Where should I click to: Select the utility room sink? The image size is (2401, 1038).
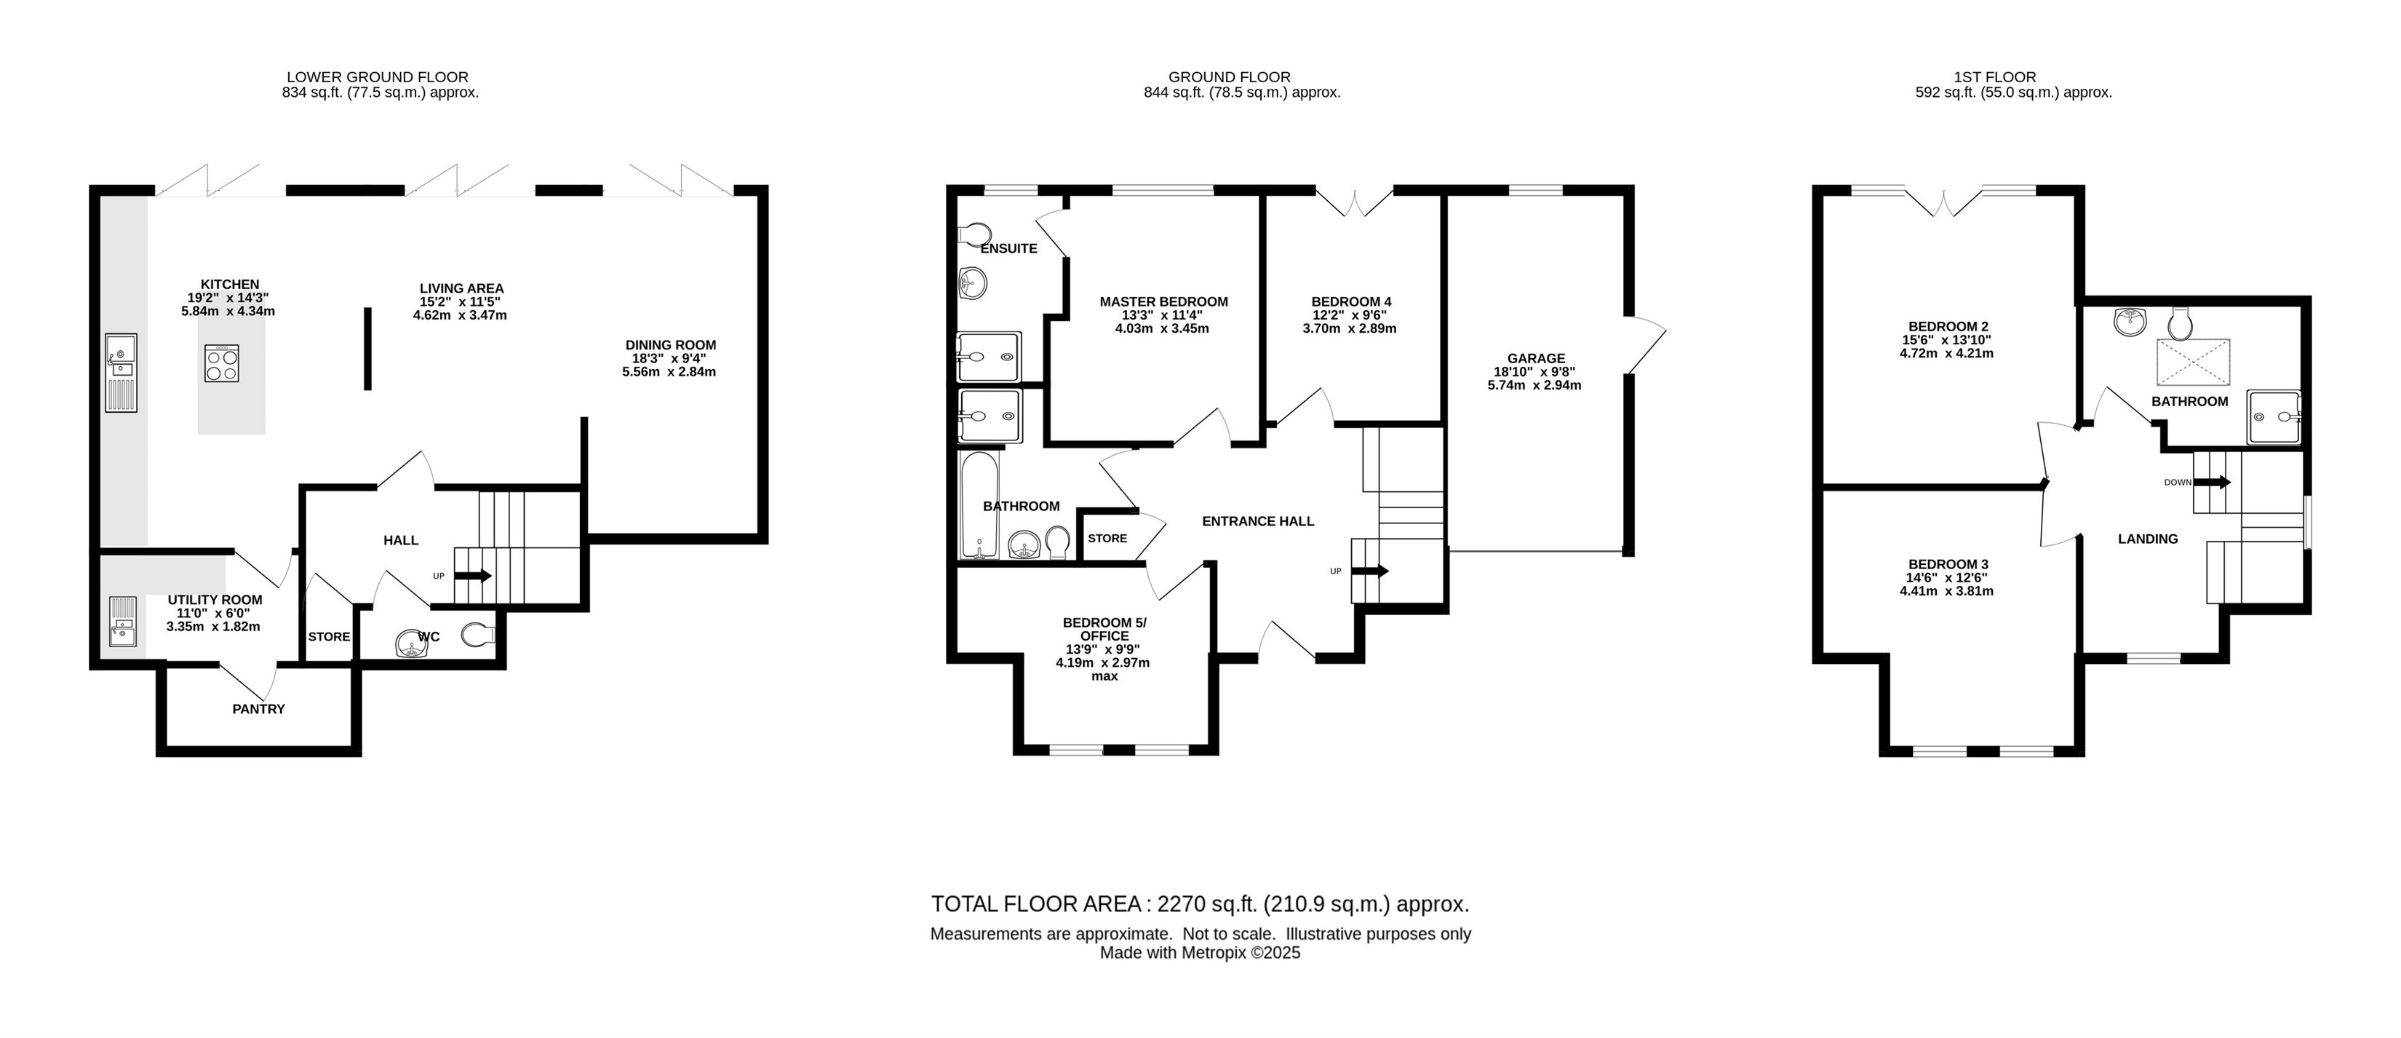pyautogui.click(x=122, y=622)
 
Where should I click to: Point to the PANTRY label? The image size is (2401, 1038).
pyautogui.click(x=259, y=709)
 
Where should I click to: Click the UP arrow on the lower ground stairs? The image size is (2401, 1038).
pyautogui.click(x=472, y=576)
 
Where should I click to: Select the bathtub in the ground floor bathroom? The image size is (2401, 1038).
pyautogui.click(x=979, y=505)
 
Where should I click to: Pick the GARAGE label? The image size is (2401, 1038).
pyautogui.click(x=1536, y=358)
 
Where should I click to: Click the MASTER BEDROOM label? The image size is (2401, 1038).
pyautogui.click(x=1163, y=301)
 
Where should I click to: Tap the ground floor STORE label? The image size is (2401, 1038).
pyautogui.click(x=1107, y=538)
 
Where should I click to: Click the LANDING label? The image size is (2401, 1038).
pyautogui.click(x=2148, y=538)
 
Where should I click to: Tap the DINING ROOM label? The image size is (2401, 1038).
pyautogui.click(x=670, y=345)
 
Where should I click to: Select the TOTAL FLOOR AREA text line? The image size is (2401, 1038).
pyautogui.click(x=1200, y=904)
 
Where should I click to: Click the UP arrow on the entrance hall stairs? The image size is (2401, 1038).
pyautogui.click(x=1369, y=571)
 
